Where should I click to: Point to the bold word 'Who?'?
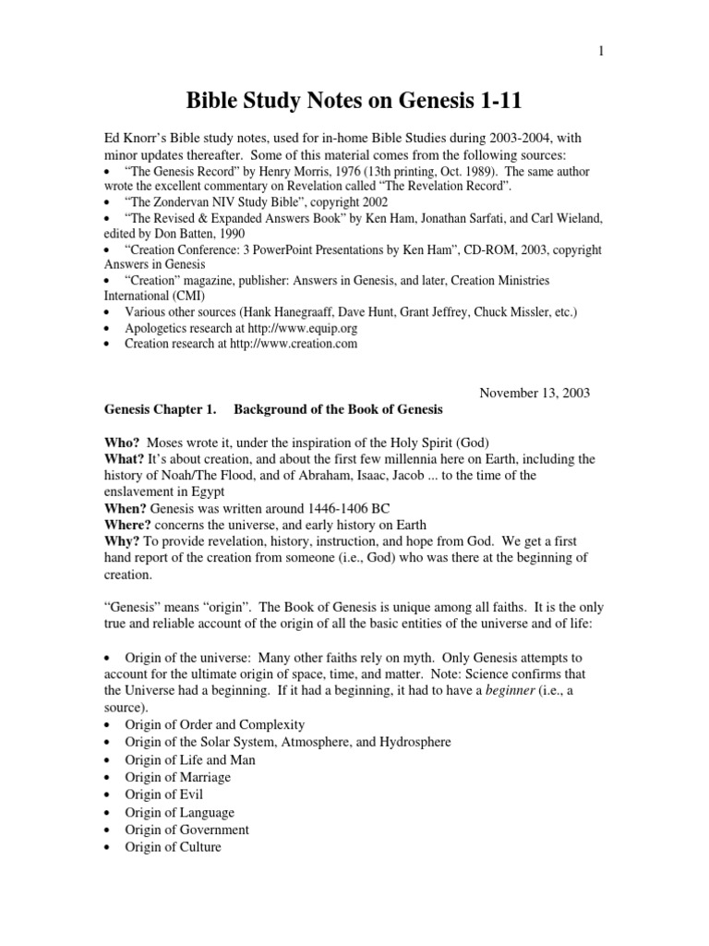(123, 441)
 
